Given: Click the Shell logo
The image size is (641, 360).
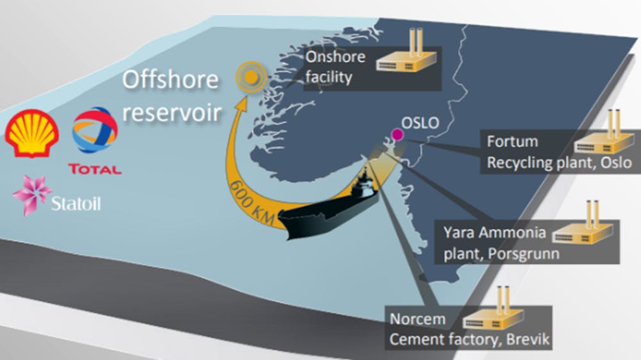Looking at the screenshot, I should tap(32, 131).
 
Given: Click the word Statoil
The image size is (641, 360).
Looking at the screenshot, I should tap(77, 205).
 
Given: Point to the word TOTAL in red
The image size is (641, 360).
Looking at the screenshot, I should tap(94, 170).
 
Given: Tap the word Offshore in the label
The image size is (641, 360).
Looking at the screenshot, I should tap(170, 81).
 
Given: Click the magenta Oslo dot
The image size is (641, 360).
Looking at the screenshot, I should tap(398, 135).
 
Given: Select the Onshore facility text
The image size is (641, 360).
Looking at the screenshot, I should tap(336, 67).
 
